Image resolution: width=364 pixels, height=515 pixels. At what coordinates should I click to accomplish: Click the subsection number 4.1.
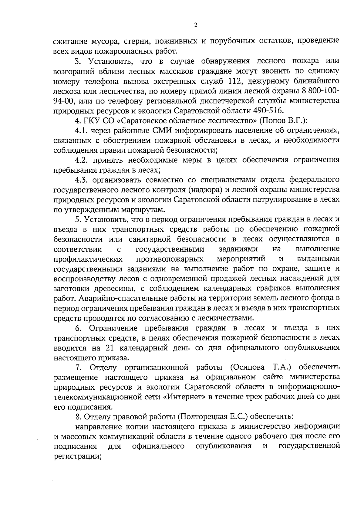pos(82,130)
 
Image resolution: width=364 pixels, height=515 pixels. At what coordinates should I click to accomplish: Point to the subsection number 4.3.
pos(82,180)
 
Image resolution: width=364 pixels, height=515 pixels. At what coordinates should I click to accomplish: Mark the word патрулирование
pos(292,199)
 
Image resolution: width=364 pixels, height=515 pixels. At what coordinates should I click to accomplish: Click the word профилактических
pos(88,259)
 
